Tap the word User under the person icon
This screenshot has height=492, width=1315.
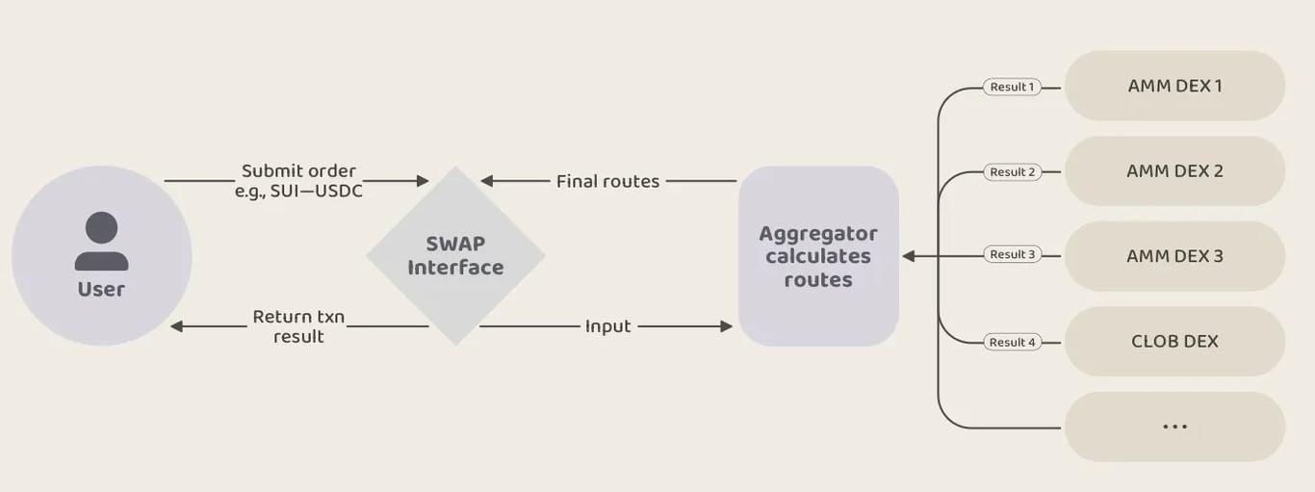click(x=101, y=289)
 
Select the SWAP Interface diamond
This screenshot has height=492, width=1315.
click(x=455, y=256)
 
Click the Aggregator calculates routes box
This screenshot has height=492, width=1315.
click(x=818, y=256)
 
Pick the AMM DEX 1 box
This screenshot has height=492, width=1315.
click(x=1174, y=86)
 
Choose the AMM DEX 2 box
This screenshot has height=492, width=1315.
click(x=1174, y=170)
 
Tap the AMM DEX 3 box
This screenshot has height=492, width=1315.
click(x=1174, y=256)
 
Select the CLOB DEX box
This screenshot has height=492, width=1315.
click(x=1174, y=341)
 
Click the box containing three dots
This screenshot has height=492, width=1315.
click(x=1174, y=426)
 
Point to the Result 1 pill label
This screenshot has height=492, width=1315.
click(x=1012, y=87)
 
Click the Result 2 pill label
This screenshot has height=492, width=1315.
click(x=1013, y=172)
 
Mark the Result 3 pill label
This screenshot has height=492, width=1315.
click(x=1013, y=255)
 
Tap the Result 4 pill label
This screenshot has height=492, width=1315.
click(x=1013, y=342)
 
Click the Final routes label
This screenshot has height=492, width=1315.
click(x=607, y=181)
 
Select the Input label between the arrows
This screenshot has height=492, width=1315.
click(x=607, y=326)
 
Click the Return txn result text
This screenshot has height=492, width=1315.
click(x=298, y=326)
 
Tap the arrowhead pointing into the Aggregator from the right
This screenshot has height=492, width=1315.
click(x=907, y=256)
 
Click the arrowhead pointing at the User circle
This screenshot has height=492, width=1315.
click(x=176, y=326)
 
